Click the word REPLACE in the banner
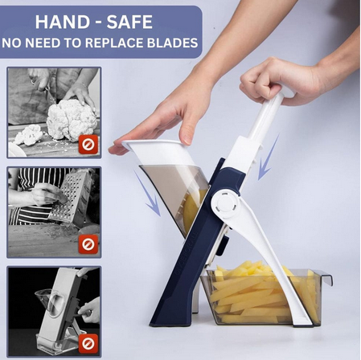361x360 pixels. [x=115, y=43]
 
